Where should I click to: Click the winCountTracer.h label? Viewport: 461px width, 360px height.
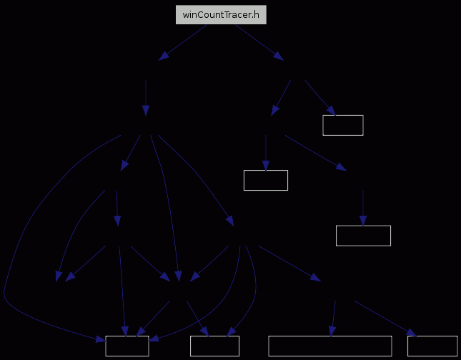[x=221, y=15]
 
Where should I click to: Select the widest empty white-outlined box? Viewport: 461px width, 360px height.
[x=330, y=346]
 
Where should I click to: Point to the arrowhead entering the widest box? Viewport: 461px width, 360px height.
[x=332, y=331]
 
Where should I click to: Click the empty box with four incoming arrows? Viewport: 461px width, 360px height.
[x=127, y=346]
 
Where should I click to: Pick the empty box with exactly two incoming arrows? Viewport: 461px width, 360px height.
[x=214, y=346]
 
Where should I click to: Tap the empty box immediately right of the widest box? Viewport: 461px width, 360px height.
[x=432, y=346]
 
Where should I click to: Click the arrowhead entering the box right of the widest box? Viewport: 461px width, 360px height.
[x=412, y=333]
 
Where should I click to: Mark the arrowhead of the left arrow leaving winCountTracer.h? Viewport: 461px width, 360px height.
[x=164, y=56]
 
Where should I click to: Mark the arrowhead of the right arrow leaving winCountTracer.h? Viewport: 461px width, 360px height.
[x=279, y=56]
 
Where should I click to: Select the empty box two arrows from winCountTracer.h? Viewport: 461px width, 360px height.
[x=343, y=125]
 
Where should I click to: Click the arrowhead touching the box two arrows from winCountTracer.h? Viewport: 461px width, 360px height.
[x=331, y=111]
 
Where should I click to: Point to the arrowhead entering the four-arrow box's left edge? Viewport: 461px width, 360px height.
[x=100, y=339]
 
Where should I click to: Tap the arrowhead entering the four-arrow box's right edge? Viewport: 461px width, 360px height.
[x=154, y=339]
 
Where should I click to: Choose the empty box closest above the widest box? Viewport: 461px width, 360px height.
[x=363, y=236]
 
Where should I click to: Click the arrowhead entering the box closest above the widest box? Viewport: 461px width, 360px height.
[x=363, y=221]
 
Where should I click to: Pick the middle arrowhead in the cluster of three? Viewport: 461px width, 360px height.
[x=178, y=276]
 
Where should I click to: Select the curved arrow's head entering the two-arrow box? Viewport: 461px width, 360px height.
[x=232, y=332]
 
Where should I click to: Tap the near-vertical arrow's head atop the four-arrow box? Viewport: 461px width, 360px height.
[x=125, y=331]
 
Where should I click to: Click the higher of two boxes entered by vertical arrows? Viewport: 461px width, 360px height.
[x=266, y=180]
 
